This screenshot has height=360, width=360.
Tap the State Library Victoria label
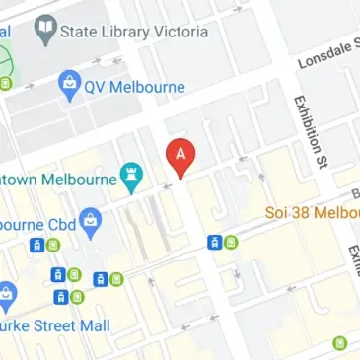pos(134,32)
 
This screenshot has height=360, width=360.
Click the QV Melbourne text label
pos(135,87)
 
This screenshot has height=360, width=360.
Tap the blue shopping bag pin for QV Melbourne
pos(69,85)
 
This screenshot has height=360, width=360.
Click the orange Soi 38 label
pos(312,212)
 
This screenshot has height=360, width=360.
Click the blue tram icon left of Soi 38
pos(214,242)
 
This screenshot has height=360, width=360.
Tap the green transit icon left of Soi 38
pos(231,242)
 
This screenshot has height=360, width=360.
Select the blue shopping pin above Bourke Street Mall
pos(7,294)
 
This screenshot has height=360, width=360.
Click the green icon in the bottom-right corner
pos(340,343)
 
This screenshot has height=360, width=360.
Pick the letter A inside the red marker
pos(180,153)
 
